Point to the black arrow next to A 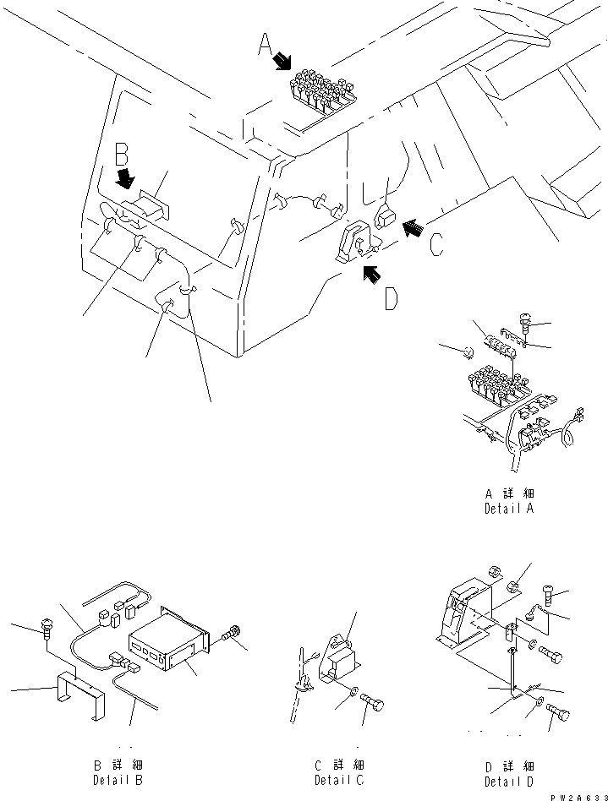click(x=282, y=61)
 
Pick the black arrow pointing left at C click(x=413, y=226)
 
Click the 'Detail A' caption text click(x=509, y=509)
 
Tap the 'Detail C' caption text click(x=339, y=780)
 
